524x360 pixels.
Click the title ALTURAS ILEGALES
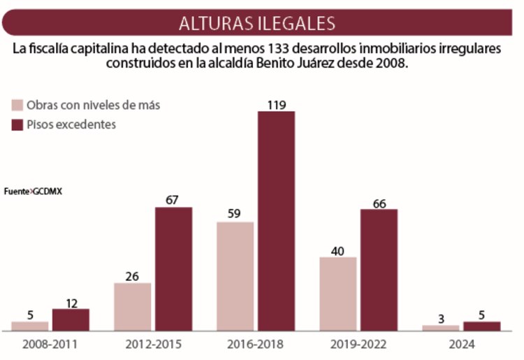coord(256,22)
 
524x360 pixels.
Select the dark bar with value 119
coord(276,220)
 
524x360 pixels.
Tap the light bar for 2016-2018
coord(235,276)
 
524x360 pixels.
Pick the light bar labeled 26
coord(132,306)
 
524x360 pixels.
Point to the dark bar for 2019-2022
coord(379,269)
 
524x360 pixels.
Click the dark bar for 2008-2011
coord(71,319)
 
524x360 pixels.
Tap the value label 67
coord(173,199)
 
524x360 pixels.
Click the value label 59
coord(235,214)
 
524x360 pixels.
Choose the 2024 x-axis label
coord(462,345)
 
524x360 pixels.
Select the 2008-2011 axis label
coord(50,345)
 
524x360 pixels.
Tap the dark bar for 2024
coord(481,326)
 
